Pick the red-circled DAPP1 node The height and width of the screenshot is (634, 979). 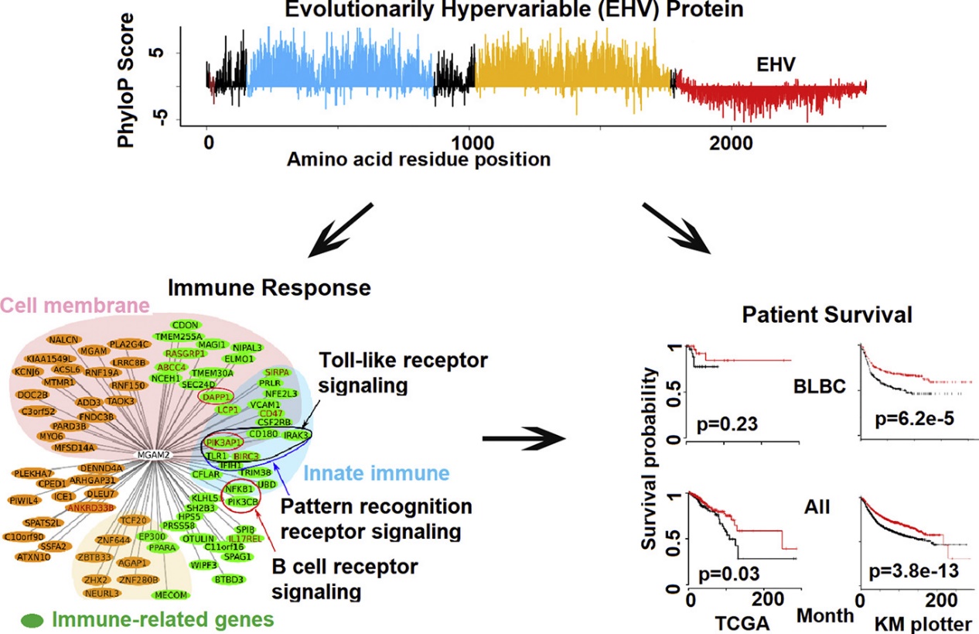[216, 396]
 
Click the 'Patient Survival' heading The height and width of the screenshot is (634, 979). [827, 315]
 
